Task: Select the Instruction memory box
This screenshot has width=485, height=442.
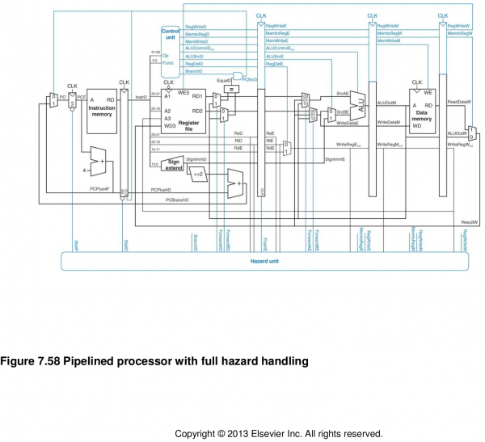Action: point(102,112)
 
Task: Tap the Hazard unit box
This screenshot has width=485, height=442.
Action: point(266,261)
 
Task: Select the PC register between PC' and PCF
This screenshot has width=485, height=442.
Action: point(72,100)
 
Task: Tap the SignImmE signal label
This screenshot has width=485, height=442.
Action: point(335,160)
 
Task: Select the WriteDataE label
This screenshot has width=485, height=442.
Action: point(347,122)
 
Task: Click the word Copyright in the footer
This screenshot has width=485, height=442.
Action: point(197,433)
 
